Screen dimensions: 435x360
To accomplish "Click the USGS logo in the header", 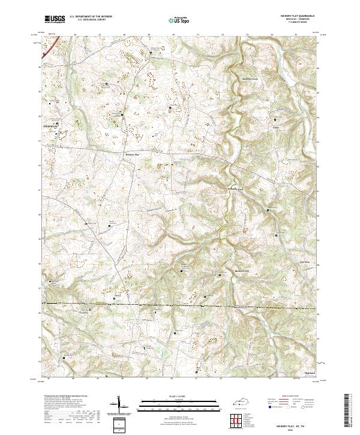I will pyautogui.click(x=55, y=19).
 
